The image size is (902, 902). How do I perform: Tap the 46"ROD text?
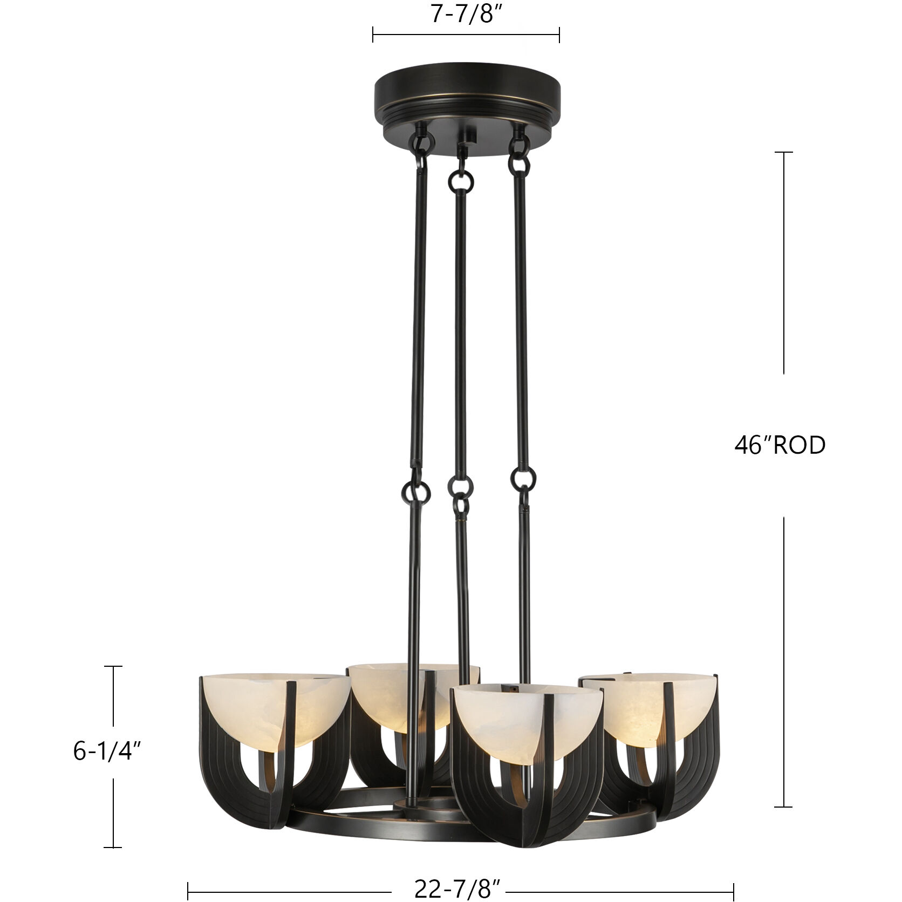point(780,446)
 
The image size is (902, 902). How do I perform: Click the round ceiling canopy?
point(467,97)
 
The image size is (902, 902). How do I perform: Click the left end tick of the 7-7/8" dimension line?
point(373,35)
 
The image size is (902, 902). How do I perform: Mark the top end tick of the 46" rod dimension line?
point(784,153)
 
